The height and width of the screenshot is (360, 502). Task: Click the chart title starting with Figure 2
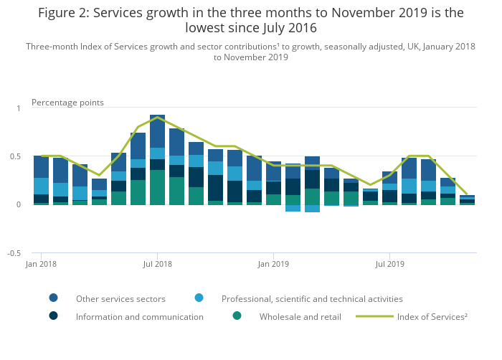pos(250,20)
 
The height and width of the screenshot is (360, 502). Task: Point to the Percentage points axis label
pos(67,103)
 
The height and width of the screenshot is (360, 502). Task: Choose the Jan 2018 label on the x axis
pos(42,264)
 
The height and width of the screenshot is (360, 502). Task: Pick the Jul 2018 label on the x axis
pos(157,264)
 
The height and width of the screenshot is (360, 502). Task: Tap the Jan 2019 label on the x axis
pos(273,264)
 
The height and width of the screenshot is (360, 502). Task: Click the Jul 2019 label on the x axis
pos(389,264)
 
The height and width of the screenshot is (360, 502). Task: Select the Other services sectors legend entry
pos(120,298)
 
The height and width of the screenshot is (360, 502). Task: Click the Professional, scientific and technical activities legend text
pos(312,298)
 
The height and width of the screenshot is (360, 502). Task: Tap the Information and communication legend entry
pos(140,316)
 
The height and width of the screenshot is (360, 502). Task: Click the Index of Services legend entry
pos(432,316)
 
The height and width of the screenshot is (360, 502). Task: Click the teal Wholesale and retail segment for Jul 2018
pos(157,187)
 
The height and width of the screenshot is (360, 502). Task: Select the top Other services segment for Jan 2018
pos(42,166)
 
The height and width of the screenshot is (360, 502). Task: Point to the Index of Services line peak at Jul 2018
pos(157,118)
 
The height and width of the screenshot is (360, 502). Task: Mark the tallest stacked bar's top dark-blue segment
pos(157,131)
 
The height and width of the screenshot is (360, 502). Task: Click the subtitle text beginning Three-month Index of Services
pos(250,52)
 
